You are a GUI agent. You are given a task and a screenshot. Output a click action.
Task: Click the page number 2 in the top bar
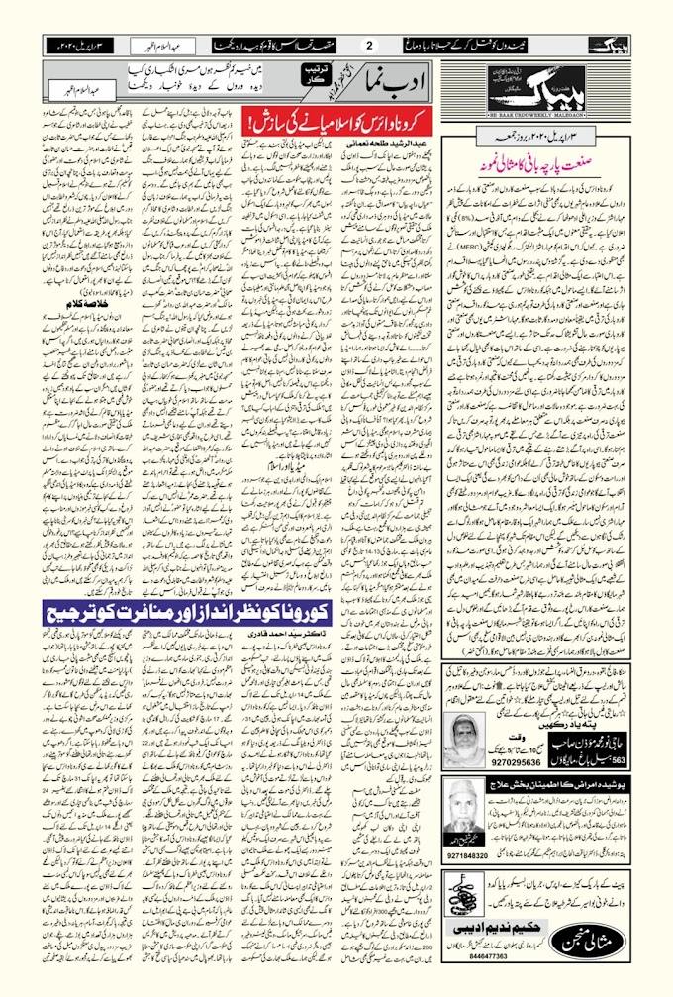coord(370,45)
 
